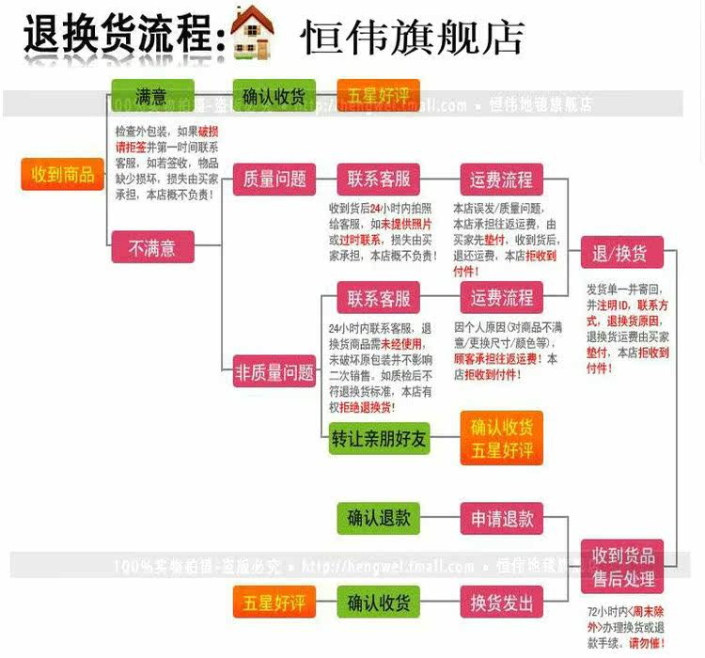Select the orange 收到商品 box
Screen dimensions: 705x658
[63, 174]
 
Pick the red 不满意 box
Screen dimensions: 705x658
[152, 248]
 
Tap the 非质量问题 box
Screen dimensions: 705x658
[274, 372]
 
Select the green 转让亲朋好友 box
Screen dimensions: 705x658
[380, 439]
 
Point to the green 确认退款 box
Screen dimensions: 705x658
[379, 518]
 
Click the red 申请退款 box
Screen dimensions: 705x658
[501, 518]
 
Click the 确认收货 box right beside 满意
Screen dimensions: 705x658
[274, 96]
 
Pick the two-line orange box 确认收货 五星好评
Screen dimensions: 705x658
[501, 439]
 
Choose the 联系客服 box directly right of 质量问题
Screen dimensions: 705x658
[379, 179]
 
